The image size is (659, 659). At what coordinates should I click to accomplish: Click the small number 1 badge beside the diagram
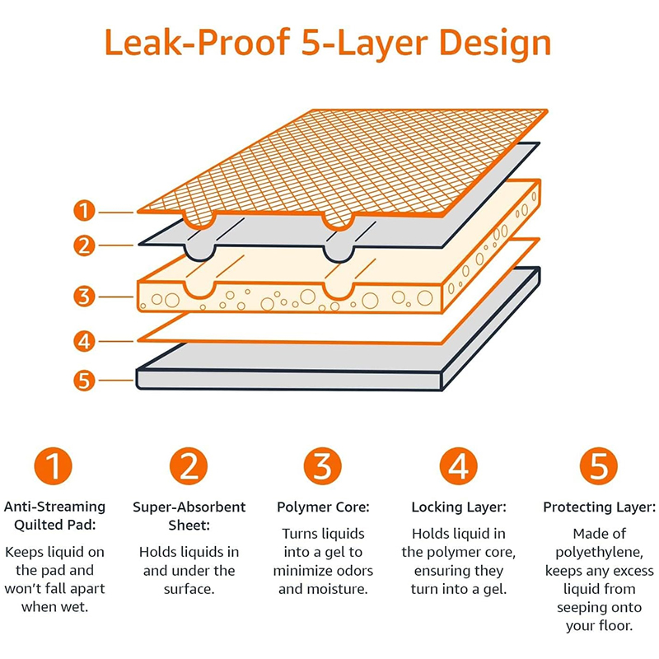[x=84, y=211]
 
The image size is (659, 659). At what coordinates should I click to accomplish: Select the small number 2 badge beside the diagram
[x=84, y=245]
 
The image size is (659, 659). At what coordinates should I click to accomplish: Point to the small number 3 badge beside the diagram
[x=84, y=296]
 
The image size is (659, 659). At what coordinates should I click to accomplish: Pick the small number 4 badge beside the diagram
[x=84, y=340]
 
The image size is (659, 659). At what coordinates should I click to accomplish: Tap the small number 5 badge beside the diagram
[x=84, y=380]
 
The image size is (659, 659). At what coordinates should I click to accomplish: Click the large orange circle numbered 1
[x=54, y=466]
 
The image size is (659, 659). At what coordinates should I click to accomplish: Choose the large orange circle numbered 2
[x=189, y=466]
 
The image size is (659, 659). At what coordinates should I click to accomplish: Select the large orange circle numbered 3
[x=324, y=466]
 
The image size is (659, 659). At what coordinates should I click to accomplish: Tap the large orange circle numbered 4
[x=459, y=466]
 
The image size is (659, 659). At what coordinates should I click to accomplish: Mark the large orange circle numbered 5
[x=599, y=466]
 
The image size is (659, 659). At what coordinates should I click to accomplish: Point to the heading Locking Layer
[x=459, y=507]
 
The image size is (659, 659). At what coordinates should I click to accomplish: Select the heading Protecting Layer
[x=599, y=507]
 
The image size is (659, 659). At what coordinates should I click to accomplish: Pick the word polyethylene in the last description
[x=599, y=552]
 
